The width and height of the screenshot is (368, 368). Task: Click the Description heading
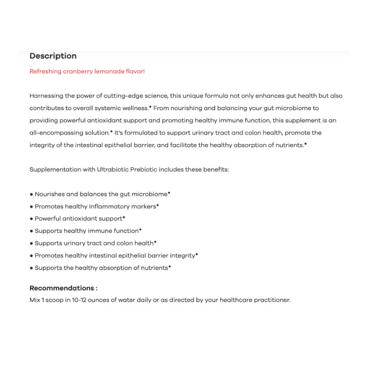click(53, 56)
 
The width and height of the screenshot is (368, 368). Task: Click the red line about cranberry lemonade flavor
click(87, 71)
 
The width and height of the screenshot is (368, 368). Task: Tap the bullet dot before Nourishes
click(31, 195)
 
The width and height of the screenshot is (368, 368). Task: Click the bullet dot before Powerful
click(31, 219)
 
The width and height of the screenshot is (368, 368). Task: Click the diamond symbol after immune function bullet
click(140, 230)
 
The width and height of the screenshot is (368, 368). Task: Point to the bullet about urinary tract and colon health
click(95, 243)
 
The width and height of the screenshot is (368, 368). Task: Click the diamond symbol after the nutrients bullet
click(170, 266)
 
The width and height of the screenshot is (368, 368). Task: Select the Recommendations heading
click(63, 288)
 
